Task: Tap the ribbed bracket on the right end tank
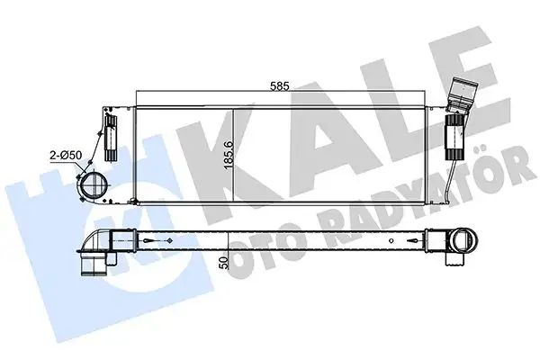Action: pyautogui.click(x=455, y=134)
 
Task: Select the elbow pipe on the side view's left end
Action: pyautogui.click(x=99, y=241)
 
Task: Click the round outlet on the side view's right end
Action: pyautogui.click(x=464, y=239)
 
